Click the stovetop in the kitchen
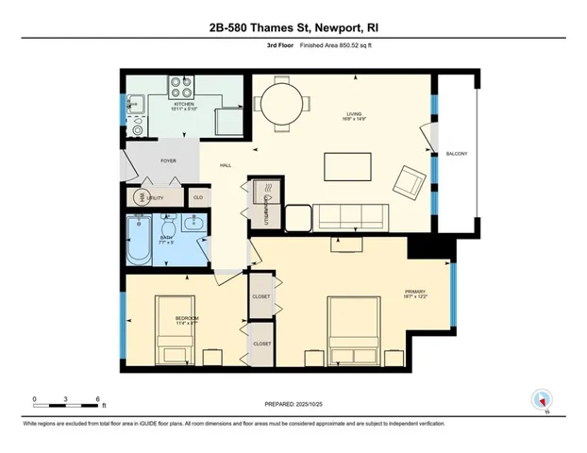click(180, 88)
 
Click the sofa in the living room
click(349, 217)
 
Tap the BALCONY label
click(457, 153)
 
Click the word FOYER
click(168, 161)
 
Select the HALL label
click(226, 165)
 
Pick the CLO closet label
click(198, 197)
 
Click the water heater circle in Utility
click(142, 197)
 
